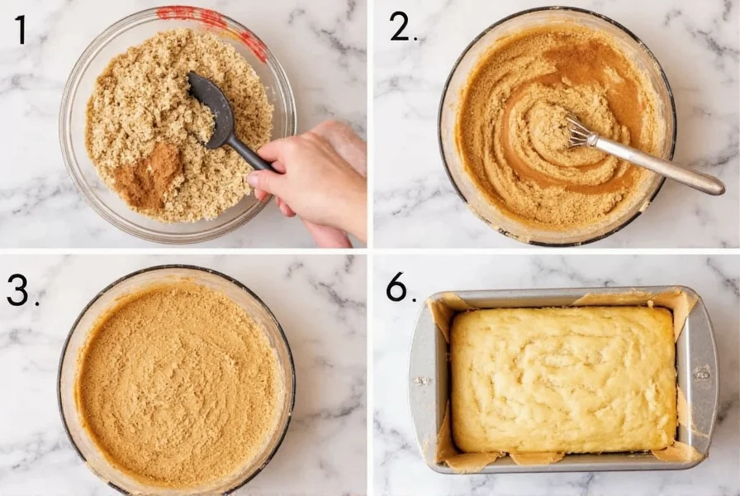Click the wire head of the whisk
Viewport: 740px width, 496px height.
point(581,132)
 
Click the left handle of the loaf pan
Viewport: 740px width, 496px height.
point(421,380)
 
